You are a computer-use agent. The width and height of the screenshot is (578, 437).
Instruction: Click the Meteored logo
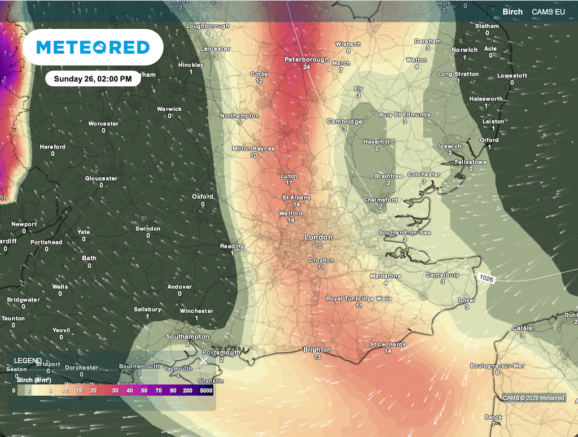(x=93, y=47)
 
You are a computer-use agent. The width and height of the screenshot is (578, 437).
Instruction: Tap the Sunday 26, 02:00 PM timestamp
(x=93, y=79)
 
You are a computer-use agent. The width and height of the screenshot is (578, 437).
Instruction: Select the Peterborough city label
(x=306, y=59)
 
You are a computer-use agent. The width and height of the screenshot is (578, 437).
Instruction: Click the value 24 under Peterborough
(x=306, y=67)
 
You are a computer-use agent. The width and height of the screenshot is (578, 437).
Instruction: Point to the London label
(x=318, y=237)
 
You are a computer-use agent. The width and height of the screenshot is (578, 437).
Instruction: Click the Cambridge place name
(x=344, y=121)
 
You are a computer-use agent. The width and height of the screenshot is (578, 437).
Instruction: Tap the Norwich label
(x=465, y=50)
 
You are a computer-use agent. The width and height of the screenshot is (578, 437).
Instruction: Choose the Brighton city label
(x=317, y=349)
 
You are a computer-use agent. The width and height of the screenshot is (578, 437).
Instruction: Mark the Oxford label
(x=203, y=196)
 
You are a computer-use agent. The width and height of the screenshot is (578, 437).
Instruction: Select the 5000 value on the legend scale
(x=205, y=391)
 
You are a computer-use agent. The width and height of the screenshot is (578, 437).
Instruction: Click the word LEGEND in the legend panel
(x=28, y=360)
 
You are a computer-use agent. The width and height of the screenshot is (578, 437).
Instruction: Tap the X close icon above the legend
(x=204, y=360)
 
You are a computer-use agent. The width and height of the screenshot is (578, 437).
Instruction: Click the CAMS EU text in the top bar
(x=548, y=11)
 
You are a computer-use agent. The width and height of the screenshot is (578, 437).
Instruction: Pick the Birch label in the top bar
(x=513, y=11)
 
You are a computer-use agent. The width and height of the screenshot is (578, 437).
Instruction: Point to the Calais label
(x=522, y=328)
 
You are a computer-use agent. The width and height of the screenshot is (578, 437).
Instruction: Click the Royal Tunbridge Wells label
(x=359, y=299)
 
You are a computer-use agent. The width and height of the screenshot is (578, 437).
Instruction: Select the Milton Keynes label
(x=253, y=148)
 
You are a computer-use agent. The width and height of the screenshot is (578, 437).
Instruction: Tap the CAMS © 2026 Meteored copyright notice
(x=533, y=398)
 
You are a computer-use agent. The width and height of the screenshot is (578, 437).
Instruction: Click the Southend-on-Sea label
(x=405, y=233)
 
